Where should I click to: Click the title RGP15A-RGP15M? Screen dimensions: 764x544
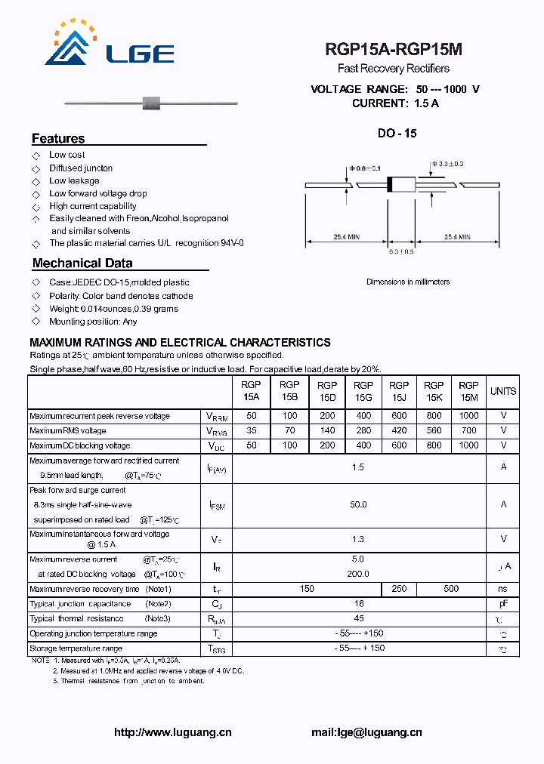point(394,50)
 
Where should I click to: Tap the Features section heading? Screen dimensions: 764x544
point(58,139)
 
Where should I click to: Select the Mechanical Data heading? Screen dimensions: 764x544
point(82,263)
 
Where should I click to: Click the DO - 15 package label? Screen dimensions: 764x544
point(397,134)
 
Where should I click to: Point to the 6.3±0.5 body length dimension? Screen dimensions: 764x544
point(401,251)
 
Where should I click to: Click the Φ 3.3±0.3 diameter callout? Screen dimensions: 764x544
point(447,164)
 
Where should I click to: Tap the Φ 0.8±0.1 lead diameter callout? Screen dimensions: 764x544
point(365,168)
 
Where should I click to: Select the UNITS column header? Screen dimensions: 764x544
point(503,391)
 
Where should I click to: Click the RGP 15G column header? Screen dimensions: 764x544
point(363,391)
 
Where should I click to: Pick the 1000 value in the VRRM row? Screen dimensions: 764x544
point(468,416)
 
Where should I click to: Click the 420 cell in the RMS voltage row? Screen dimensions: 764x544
point(399,430)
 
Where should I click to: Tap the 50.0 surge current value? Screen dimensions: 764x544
point(358,504)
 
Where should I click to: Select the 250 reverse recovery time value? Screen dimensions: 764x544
point(399,589)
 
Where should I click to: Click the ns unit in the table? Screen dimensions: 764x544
point(503,589)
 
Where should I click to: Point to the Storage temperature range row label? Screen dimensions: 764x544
point(76,648)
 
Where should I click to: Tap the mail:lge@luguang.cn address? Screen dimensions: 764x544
point(366,732)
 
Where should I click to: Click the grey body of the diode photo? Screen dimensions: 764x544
point(154,101)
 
